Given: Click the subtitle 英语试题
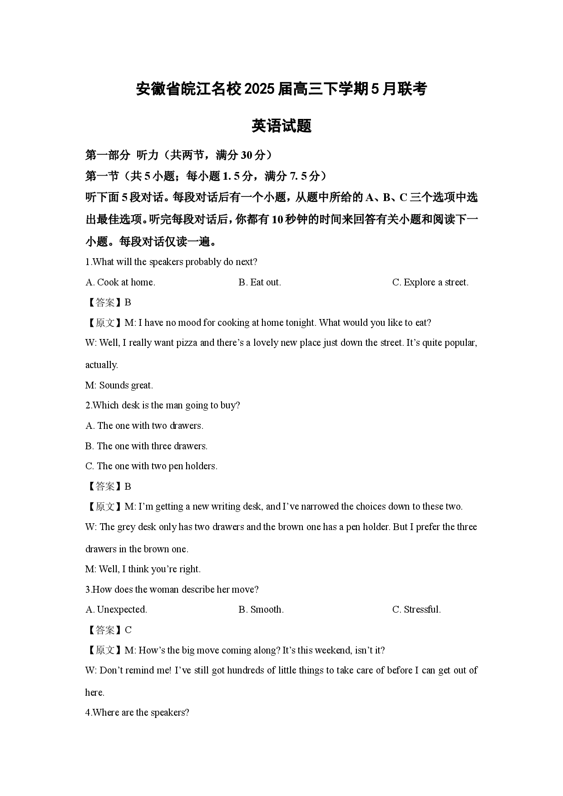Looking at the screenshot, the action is pos(281,126).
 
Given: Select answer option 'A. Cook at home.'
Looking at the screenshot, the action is pos(120,282).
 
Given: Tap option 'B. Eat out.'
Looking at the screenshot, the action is pos(260,282).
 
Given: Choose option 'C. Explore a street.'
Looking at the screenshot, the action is pos(430,282).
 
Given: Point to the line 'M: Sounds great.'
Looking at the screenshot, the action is pos(119,385).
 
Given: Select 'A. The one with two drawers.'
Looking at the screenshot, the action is pos(144,426).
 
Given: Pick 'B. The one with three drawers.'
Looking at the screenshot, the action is pos(146,446).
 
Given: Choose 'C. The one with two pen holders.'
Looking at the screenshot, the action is pos(151,466).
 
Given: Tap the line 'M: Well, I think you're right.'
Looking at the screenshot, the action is pos(143,569).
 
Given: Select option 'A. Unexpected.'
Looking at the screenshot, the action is pos(116,609).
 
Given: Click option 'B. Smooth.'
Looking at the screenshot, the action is pos(261,609).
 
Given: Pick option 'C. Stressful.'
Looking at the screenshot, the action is pos(416,609).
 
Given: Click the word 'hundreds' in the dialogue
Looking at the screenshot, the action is pos(245,670).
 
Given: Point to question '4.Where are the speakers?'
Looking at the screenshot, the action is pos(137,712).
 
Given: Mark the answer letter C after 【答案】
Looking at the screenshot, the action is pos(128,630).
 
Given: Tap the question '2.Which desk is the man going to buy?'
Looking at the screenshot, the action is pos(163,405).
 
